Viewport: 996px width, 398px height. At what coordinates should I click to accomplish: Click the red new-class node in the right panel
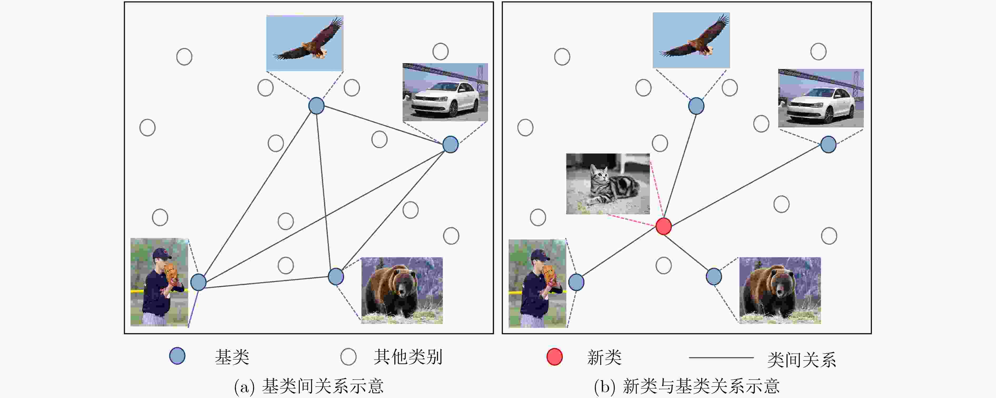point(663,226)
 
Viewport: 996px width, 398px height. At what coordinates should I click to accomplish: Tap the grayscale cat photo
point(608,183)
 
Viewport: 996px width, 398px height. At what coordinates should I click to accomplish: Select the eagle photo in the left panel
point(305,43)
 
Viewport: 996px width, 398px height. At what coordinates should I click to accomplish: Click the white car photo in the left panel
point(445,92)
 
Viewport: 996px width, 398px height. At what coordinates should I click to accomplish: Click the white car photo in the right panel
point(821,98)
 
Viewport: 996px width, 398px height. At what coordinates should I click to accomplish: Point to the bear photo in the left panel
point(402,290)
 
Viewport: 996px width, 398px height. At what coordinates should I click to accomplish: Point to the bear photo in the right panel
point(780,290)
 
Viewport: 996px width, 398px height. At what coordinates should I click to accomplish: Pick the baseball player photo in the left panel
point(159,282)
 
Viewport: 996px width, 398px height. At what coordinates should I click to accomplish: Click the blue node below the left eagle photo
point(316,106)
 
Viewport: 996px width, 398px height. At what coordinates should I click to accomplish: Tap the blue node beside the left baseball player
point(198,282)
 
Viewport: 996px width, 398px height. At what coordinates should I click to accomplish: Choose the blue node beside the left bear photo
point(336,277)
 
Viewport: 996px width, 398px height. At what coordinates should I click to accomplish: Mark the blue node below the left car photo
point(451,145)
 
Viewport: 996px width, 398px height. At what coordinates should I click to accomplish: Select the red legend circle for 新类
point(554,357)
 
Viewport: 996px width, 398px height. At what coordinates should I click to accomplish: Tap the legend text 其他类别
point(408,357)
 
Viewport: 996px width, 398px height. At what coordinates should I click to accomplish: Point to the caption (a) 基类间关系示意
point(309,386)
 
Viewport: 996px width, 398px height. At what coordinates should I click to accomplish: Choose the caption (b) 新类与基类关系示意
point(687,386)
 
